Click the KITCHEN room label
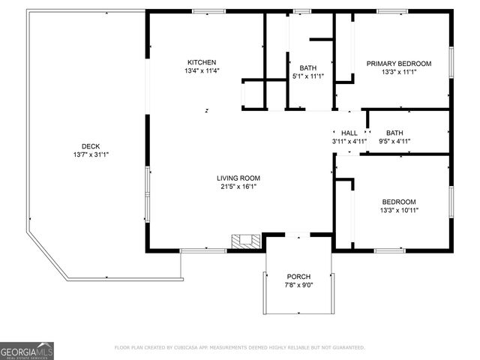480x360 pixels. click(x=202, y=62)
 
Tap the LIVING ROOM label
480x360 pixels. click(x=238, y=178)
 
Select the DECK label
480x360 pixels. click(x=91, y=146)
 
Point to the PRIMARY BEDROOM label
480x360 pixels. click(x=398, y=64)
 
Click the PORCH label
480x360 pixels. click(x=298, y=277)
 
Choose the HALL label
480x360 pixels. click(x=349, y=133)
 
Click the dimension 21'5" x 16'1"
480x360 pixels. click(x=238, y=186)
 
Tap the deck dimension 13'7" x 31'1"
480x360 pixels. click(x=91, y=154)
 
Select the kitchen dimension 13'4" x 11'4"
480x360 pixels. click(x=202, y=70)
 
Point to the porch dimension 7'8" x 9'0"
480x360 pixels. click(x=298, y=285)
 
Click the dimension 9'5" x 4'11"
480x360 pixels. click(x=394, y=141)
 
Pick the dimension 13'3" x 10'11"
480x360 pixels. click(x=399, y=210)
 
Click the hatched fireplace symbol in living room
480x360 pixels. click(x=245, y=241)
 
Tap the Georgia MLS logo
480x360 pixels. click(x=27, y=350)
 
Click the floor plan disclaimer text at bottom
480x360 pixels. click(x=239, y=347)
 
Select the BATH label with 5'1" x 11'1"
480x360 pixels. click(x=307, y=67)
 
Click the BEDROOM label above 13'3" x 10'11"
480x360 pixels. click(x=399, y=202)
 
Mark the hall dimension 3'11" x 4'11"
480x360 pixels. click(x=349, y=141)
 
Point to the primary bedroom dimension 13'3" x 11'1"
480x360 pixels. click(x=398, y=72)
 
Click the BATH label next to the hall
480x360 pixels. click(x=394, y=133)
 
